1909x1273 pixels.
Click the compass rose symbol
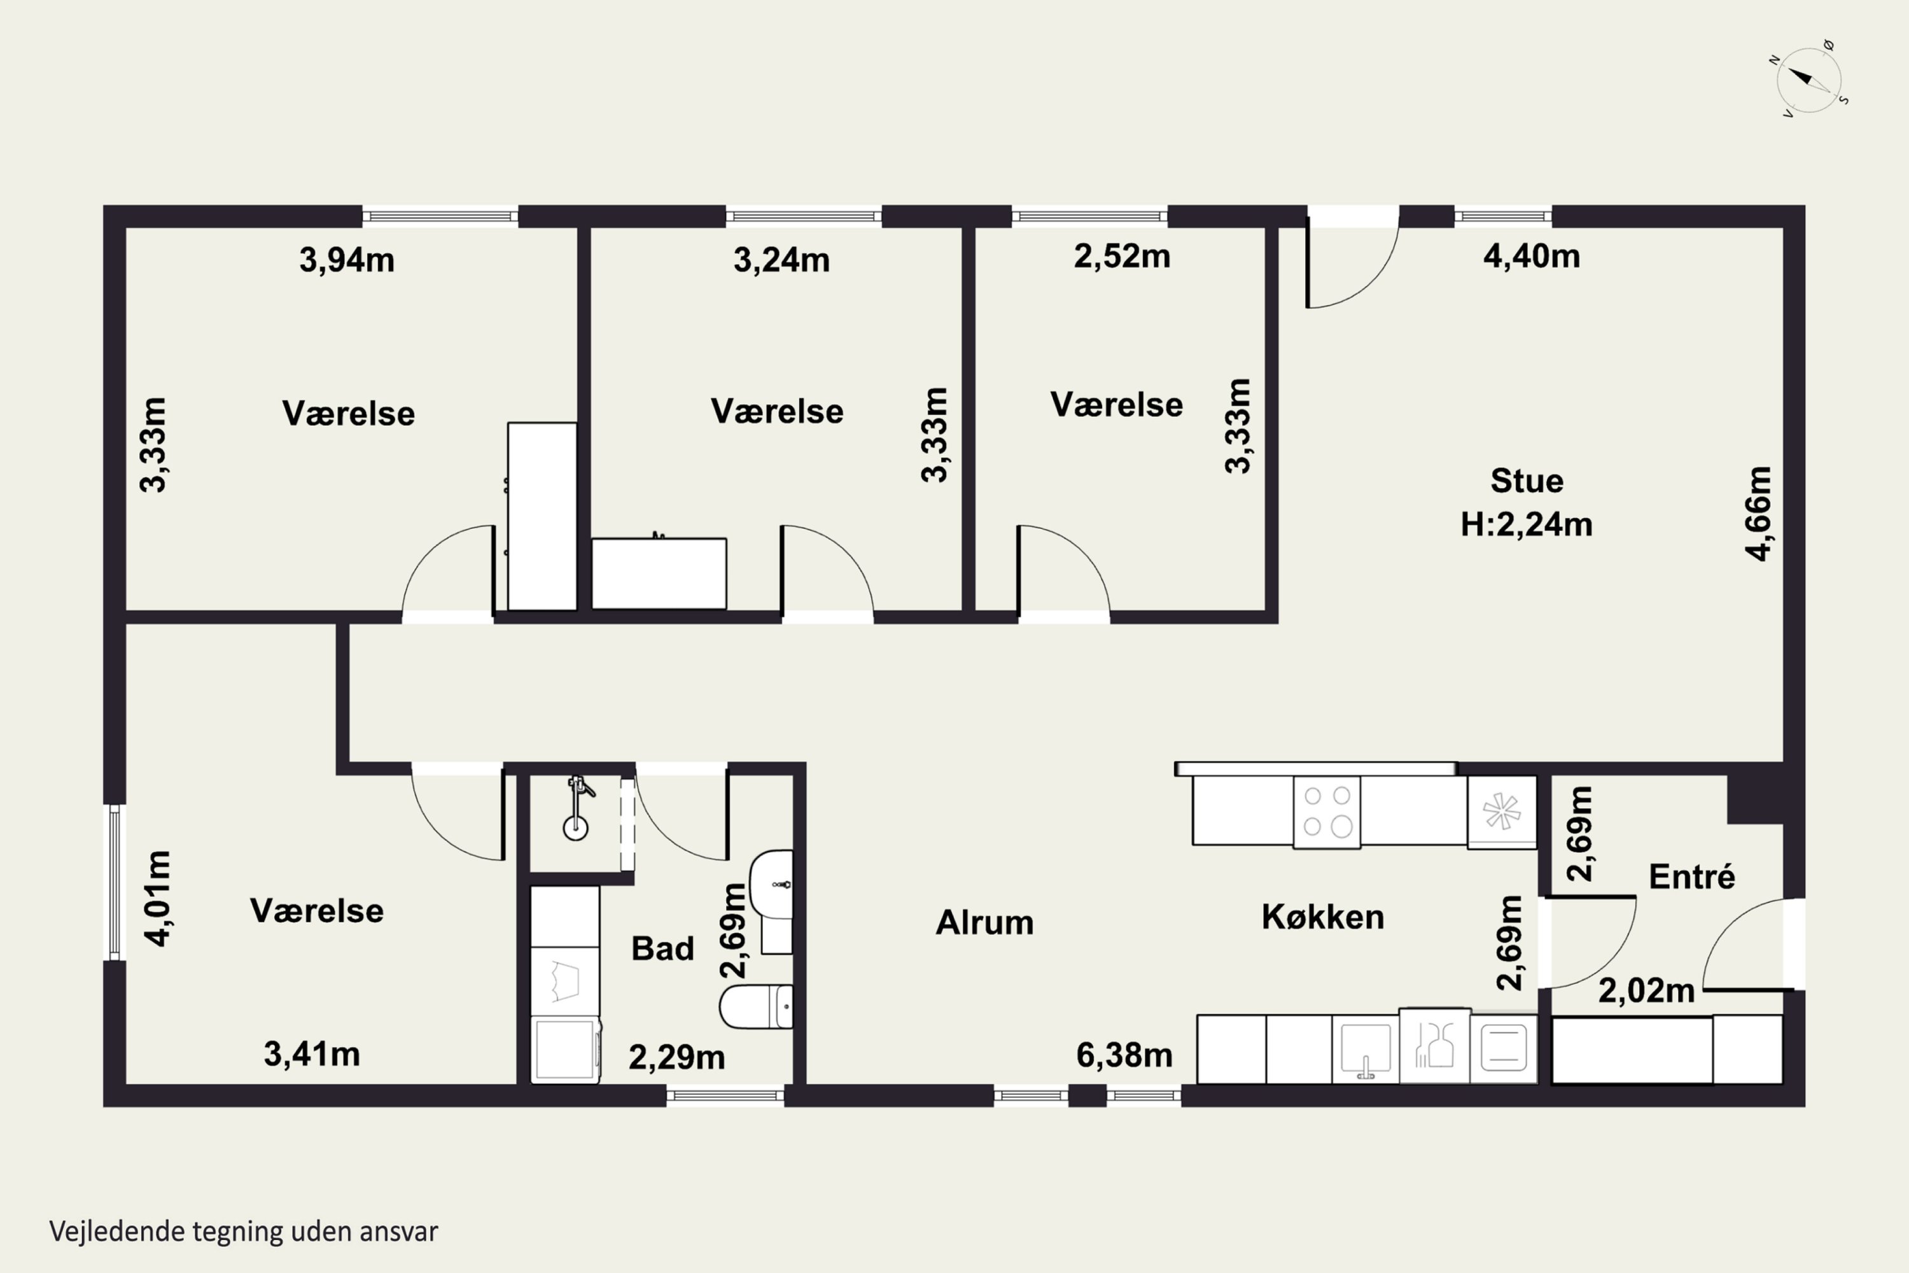1808,80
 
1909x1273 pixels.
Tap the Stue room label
1527,481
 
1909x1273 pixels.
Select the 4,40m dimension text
1532,257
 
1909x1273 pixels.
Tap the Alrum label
984,922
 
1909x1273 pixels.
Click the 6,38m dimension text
1124,1055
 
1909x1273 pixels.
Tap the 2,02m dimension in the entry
1647,991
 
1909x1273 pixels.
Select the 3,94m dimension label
347,260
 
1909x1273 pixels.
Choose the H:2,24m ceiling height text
1527,524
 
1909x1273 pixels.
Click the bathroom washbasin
772,884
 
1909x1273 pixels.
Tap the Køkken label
1323,917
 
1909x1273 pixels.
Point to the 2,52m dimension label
1122,257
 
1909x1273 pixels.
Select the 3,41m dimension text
312,1055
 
